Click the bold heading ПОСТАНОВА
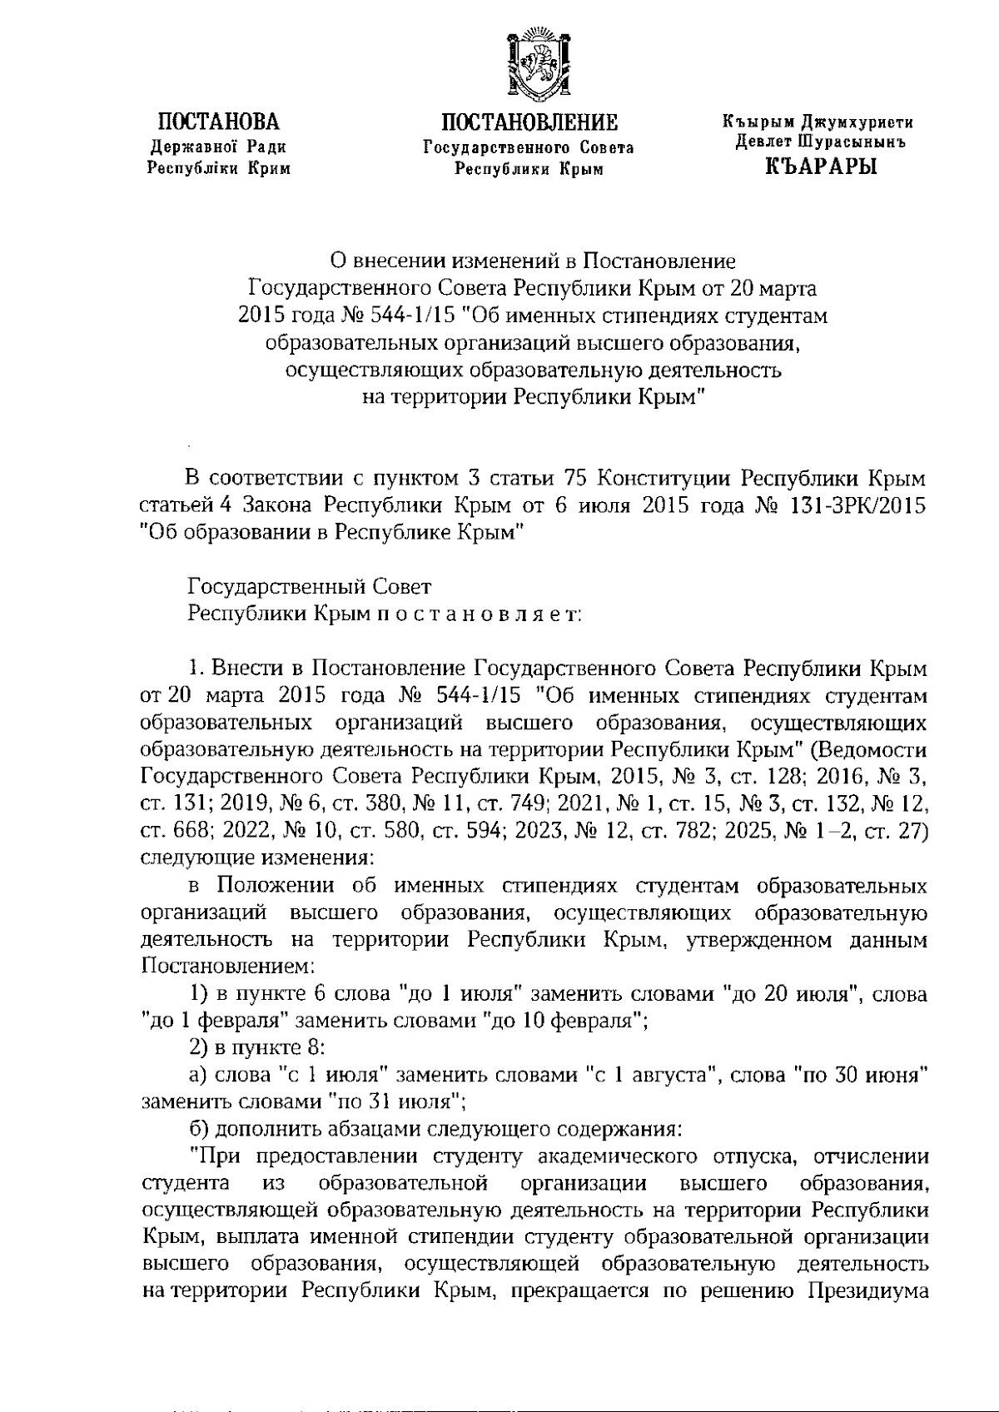[219, 123]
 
